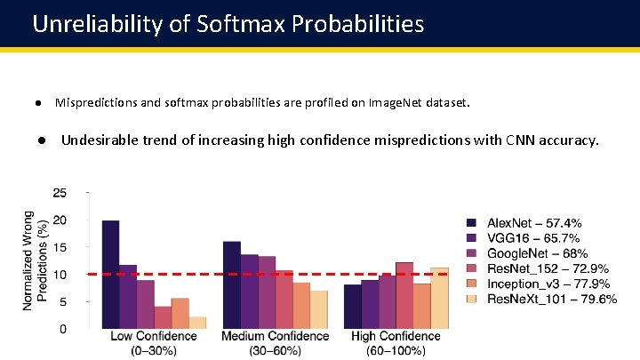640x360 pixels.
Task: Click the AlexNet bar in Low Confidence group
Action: click(x=110, y=275)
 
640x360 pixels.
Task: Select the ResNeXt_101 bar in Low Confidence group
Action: click(x=197, y=323)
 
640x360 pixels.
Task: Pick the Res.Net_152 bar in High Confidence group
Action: click(x=404, y=295)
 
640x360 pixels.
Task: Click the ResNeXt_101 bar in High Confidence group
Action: click(x=439, y=298)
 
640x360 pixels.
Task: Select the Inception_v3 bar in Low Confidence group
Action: click(x=180, y=314)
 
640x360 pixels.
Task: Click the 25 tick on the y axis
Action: click(x=60, y=192)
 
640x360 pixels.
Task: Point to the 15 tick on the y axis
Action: click(x=60, y=247)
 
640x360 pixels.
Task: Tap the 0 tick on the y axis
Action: click(x=63, y=329)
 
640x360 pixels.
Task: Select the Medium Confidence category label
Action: click(x=276, y=337)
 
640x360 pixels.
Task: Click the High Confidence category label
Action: click(x=396, y=337)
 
